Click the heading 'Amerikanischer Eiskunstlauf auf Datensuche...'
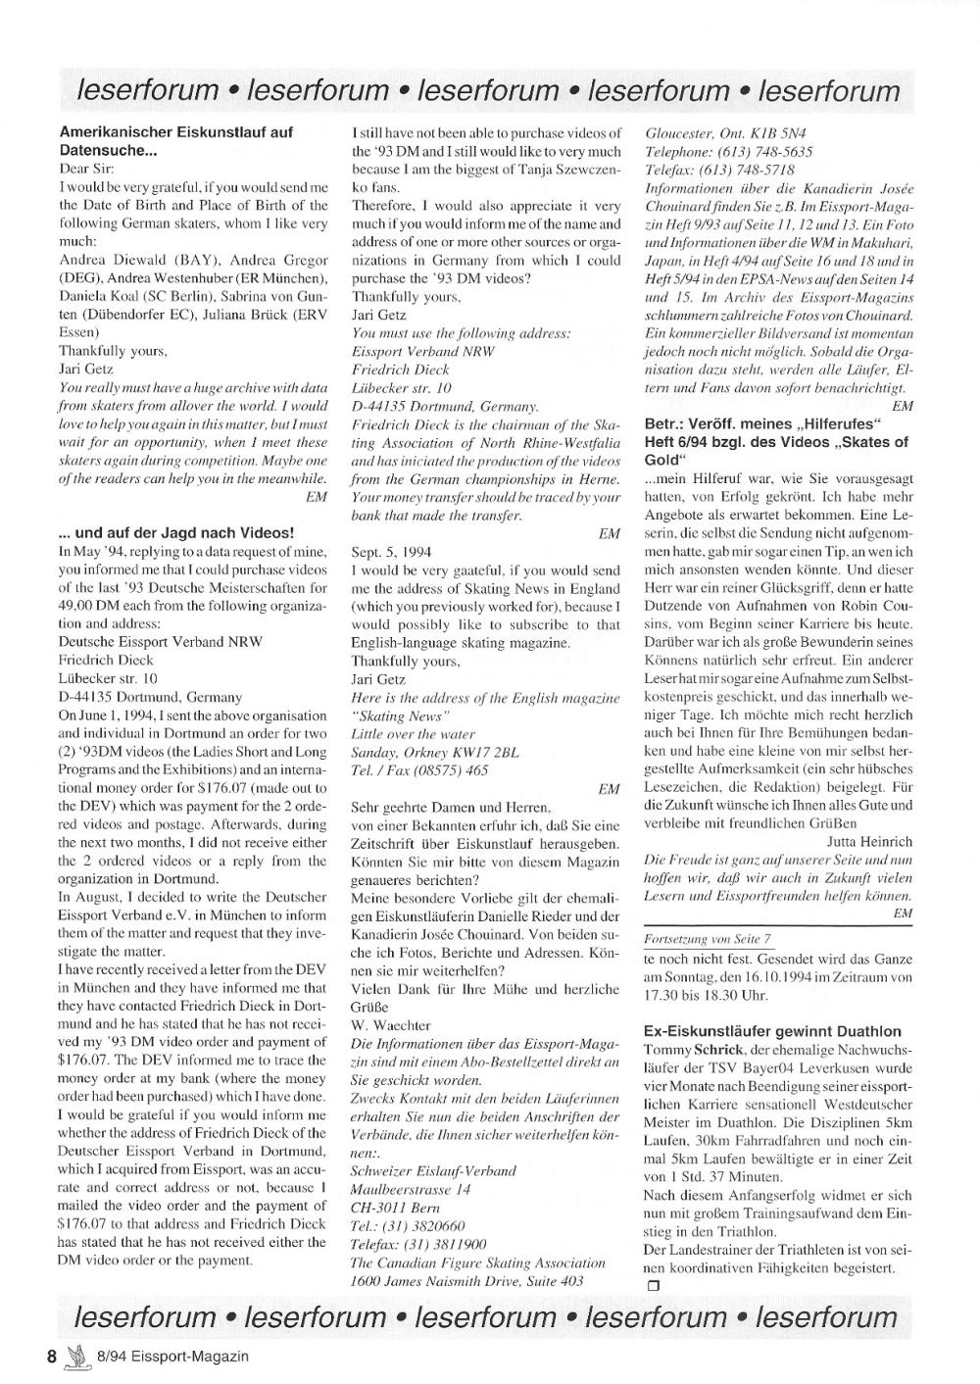[x=175, y=141]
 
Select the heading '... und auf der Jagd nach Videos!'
[x=176, y=532]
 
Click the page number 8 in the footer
[x=52, y=1357]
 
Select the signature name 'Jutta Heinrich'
[x=869, y=841]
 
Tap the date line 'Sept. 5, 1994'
[x=391, y=552]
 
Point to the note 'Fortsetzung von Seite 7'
[x=707, y=939]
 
